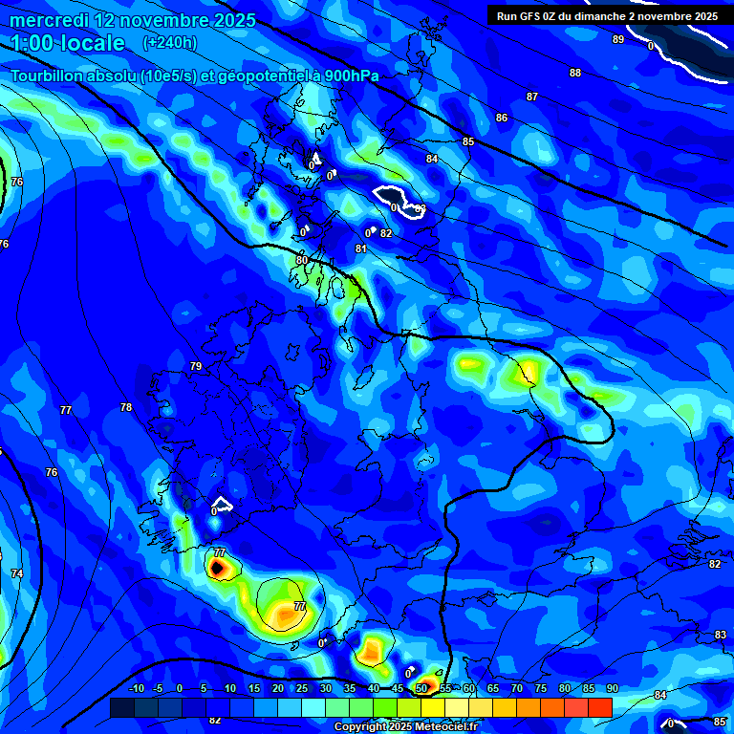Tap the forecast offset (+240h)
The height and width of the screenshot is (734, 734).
[x=169, y=43]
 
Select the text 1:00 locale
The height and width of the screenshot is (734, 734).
[x=68, y=43]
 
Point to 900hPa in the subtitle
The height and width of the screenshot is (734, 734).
[x=349, y=76]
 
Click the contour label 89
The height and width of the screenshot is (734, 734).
[x=618, y=39]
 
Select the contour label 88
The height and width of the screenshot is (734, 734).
[x=575, y=73]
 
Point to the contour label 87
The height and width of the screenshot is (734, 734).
[x=532, y=97]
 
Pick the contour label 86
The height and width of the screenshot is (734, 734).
[x=502, y=118]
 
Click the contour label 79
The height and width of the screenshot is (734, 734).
[x=196, y=366]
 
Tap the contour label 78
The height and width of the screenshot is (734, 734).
[x=126, y=407]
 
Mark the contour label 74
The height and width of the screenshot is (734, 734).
[x=17, y=573]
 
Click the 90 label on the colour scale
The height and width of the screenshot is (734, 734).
[x=612, y=689]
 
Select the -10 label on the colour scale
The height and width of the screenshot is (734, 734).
[x=137, y=689]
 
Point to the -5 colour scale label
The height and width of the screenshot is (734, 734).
[x=159, y=689]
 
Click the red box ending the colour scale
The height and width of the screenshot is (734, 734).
[x=599, y=707]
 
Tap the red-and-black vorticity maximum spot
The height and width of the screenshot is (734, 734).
[x=218, y=568]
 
